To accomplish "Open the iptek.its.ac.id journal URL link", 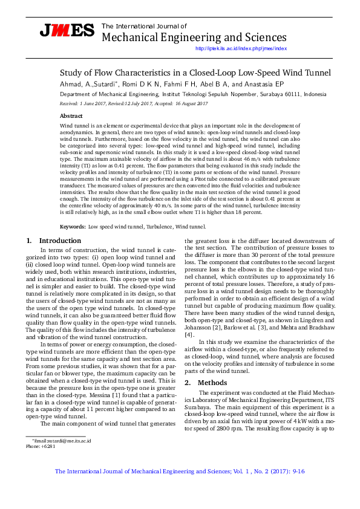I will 241,48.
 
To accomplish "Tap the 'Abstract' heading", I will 71,115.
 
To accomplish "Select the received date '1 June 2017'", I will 91,103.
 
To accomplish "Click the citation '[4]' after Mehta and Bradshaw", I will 189,334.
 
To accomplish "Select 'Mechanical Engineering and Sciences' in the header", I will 194,37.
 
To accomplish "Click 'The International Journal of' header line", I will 144,26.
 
